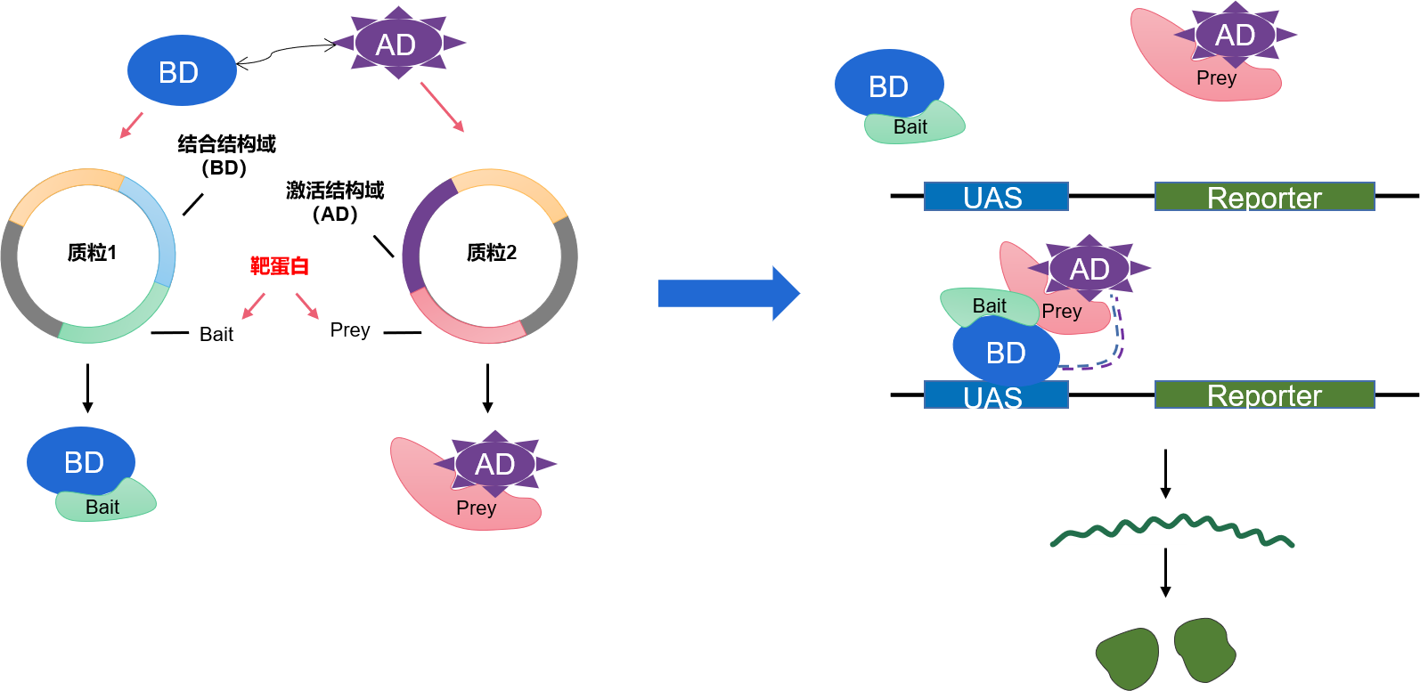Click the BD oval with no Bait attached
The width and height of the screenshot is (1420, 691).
tap(182, 71)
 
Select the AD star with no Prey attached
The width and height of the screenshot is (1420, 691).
tap(397, 43)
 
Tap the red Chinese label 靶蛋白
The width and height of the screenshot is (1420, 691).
tap(280, 265)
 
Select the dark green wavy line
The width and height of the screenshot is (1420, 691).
tap(1171, 527)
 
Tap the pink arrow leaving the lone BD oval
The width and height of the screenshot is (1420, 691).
tap(131, 126)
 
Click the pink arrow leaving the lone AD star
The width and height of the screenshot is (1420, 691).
tap(442, 107)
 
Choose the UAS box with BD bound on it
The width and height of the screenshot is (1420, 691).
tap(995, 396)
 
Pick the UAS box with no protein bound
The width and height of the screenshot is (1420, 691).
tap(995, 197)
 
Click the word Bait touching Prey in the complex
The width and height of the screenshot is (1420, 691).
tap(989, 305)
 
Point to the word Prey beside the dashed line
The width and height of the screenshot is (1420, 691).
tap(1062, 312)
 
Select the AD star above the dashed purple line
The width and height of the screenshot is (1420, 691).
tap(1089, 268)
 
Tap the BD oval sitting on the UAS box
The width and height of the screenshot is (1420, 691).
tap(1006, 353)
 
